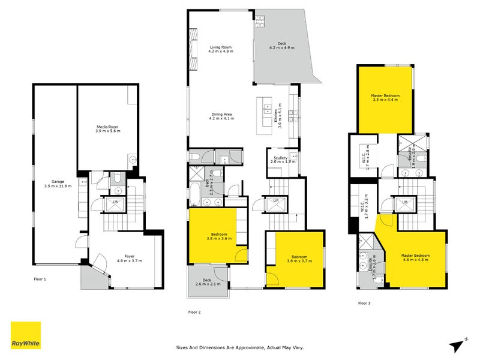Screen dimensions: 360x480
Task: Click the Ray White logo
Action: pos(26,335)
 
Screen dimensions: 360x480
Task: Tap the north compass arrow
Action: pos(458,343)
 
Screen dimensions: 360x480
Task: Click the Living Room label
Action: pos(221,49)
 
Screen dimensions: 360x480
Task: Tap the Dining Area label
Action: pos(221,116)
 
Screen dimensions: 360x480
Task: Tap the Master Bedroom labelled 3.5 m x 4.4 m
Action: pos(385,98)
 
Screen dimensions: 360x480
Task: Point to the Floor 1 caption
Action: pos(40,279)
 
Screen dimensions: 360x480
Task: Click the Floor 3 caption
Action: pos(364,303)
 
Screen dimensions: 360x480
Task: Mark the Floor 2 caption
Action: pos(194,312)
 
